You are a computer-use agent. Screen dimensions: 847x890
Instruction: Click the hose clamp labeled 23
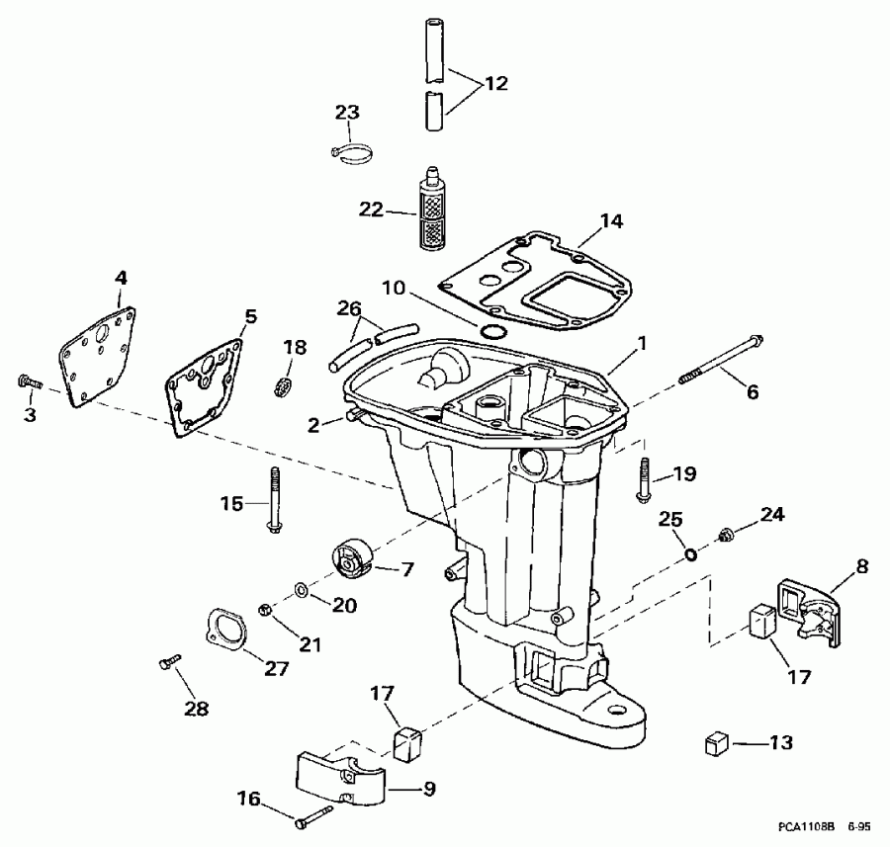tap(351, 152)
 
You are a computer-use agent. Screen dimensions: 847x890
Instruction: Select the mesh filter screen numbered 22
tap(430, 211)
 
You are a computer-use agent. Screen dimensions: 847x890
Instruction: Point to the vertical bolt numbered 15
tap(273, 500)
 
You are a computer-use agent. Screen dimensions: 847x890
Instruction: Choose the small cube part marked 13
tap(717, 743)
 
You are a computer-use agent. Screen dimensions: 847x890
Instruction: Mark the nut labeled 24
tap(727, 535)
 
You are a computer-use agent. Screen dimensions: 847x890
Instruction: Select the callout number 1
tap(643, 345)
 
